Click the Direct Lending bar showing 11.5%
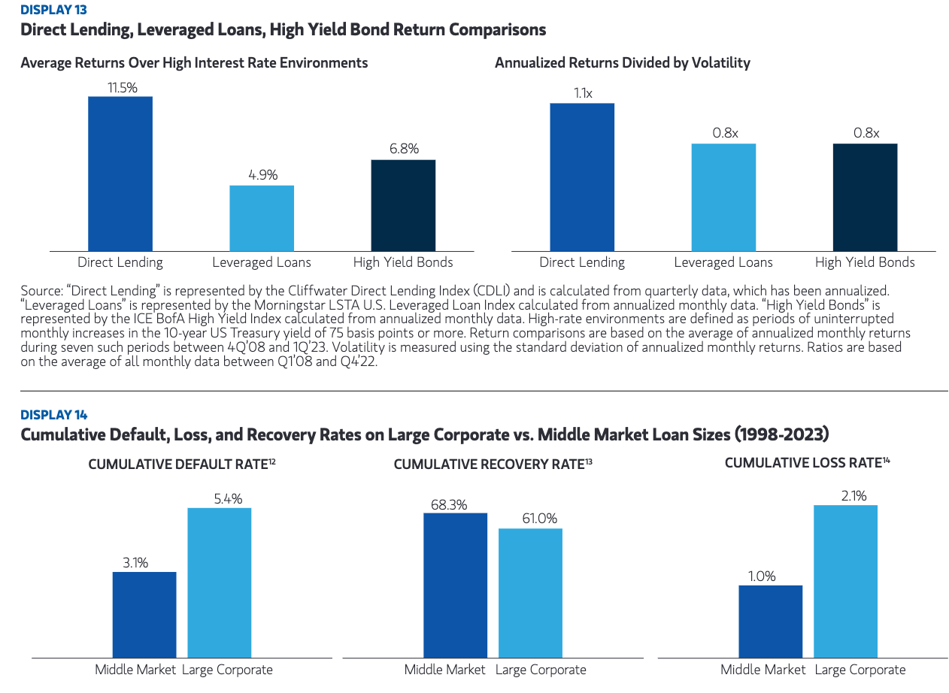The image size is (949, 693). (x=120, y=174)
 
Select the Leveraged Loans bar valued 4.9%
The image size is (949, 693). (x=262, y=218)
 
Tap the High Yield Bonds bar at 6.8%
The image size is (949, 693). (x=403, y=205)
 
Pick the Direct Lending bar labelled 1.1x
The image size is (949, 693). (x=582, y=177)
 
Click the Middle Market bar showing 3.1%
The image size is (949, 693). (x=144, y=615)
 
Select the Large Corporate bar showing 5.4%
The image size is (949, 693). (x=220, y=583)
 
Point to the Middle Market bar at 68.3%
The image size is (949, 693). (x=455, y=586)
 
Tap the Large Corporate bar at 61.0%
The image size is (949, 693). (x=530, y=593)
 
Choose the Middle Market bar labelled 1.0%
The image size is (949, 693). (x=771, y=622)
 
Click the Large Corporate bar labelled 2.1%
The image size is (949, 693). (x=846, y=581)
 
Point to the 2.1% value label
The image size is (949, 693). (x=846, y=496)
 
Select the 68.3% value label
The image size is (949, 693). (x=448, y=504)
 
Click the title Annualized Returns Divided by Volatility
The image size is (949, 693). (x=623, y=63)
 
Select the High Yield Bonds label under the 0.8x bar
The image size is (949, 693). (x=865, y=262)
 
